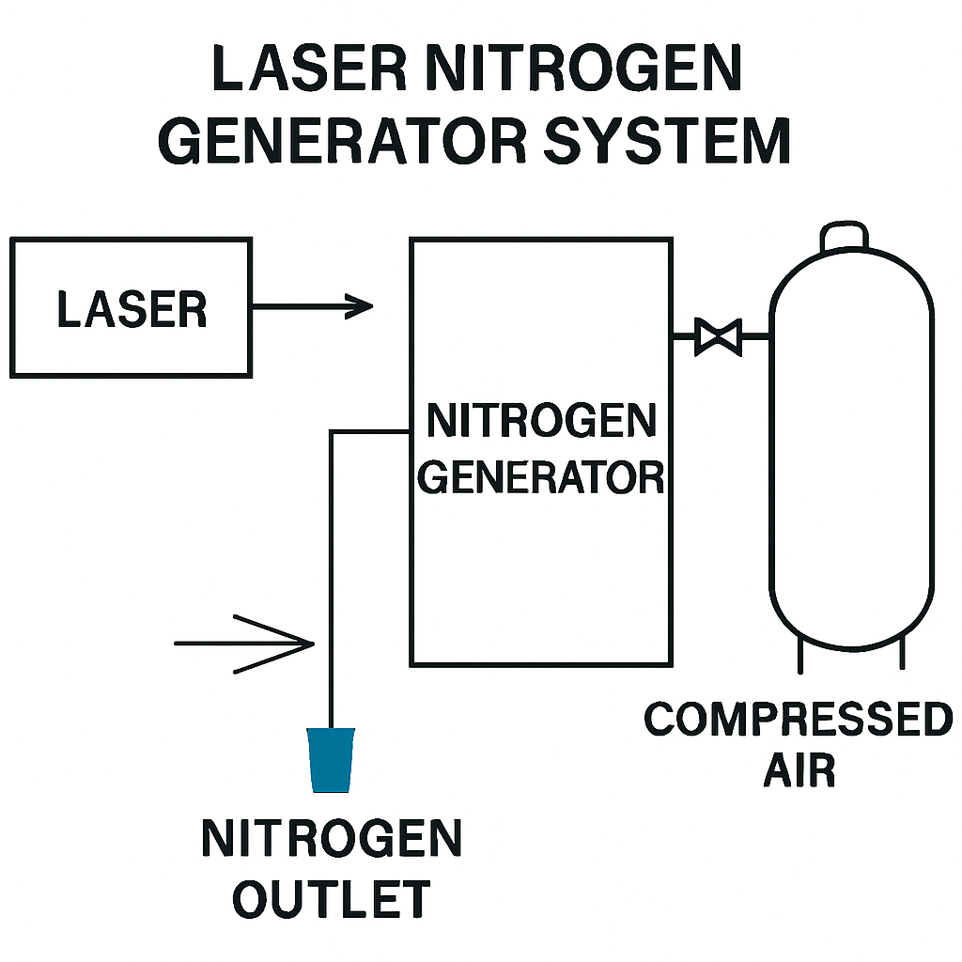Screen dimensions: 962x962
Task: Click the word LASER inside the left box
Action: click(x=132, y=310)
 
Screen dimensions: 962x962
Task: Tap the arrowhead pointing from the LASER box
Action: click(x=359, y=306)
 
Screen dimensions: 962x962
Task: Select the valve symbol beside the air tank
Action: click(x=718, y=337)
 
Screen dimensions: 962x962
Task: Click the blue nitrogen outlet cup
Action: click(x=332, y=760)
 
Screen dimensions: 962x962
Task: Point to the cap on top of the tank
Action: click(x=845, y=236)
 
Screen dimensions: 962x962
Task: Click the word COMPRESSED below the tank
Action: click(x=799, y=720)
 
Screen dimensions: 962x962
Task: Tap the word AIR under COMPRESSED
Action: click(x=799, y=770)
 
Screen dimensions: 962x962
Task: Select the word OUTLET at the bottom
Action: click(x=332, y=899)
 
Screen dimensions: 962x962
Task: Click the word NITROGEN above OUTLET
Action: click(x=332, y=838)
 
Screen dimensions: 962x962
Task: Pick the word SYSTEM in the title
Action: click(x=668, y=141)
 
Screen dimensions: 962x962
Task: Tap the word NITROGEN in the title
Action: click(x=583, y=68)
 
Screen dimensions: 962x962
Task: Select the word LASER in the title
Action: click(x=309, y=68)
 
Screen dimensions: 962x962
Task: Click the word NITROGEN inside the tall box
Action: click(x=541, y=421)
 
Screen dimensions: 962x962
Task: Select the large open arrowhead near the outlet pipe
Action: click(x=274, y=644)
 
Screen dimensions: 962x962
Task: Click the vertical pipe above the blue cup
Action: click(x=332, y=580)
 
